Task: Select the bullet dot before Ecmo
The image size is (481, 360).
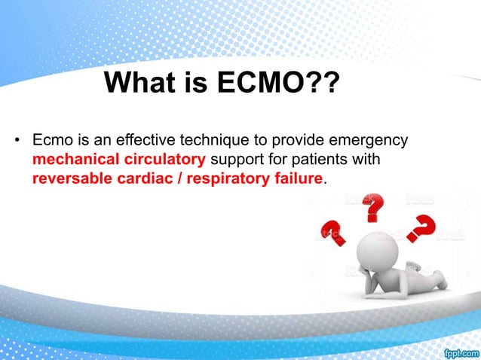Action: click(x=16, y=141)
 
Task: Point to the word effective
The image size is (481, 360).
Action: click(x=136, y=141)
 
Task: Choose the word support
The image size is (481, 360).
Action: click(x=236, y=160)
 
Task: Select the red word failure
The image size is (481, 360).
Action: click(x=300, y=179)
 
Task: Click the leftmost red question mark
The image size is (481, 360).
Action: click(x=333, y=232)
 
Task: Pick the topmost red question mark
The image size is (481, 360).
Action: click(x=372, y=208)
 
